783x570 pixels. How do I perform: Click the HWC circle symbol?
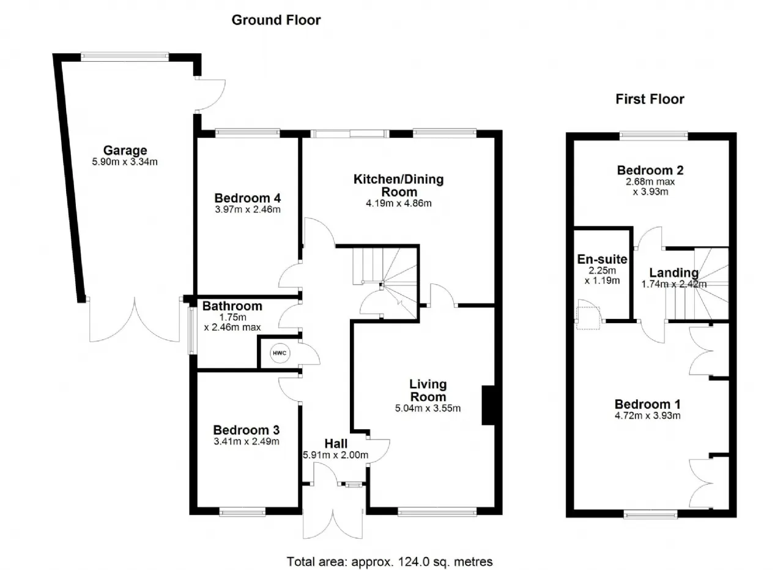pyautogui.click(x=280, y=353)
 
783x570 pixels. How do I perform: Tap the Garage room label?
pyautogui.click(x=125, y=151)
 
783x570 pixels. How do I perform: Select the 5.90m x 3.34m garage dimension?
pyautogui.click(x=125, y=162)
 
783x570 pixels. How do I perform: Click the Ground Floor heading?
pyautogui.click(x=276, y=20)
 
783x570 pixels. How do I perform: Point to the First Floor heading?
pyautogui.click(x=650, y=99)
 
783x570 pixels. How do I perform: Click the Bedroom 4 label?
pyautogui.click(x=248, y=198)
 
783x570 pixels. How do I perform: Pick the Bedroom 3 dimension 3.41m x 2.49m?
pyautogui.click(x=247, y=441)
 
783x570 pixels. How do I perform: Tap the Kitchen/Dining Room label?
pyautogui.click(x=399, y=186)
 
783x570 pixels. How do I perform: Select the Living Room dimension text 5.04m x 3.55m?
pyautogui.click(x=428, y=408)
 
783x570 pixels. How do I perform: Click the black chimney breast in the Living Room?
pyautogui.click(x=488, y=405)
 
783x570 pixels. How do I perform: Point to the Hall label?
pyautogui.click(x=336, y=444)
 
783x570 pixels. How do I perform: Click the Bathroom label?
pyautogui.click(x=232, y=306)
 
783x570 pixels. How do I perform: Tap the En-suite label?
pyautogui.click(x=603, y=259)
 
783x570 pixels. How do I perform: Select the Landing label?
pyautogui.click(x=674, y=272)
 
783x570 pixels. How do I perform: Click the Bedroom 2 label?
pyautogui.click(x=650, y=170)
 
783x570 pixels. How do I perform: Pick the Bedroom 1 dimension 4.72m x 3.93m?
pyautogui.click(x=648, y=416)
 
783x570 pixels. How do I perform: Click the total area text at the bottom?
pyautogui.click(x=390, y=561)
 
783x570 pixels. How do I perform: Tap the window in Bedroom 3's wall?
pyautogui.click(x=243, y=513)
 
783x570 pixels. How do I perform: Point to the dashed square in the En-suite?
pyautogui.click(x=588, y=318)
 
